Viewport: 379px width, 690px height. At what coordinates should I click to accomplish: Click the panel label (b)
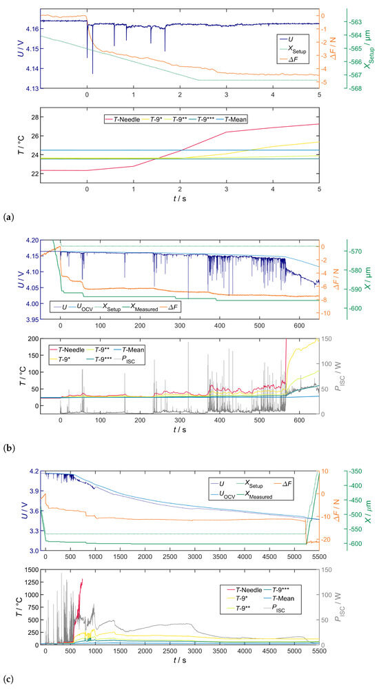click(8, 448)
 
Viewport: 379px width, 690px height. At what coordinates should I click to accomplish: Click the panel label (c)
click(8, 680)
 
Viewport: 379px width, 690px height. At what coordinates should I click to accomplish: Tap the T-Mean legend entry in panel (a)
click(235, 119)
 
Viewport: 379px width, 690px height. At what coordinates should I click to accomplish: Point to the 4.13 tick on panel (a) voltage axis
click(30, 89)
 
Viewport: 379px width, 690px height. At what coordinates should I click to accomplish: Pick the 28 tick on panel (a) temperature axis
click(32, 118)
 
